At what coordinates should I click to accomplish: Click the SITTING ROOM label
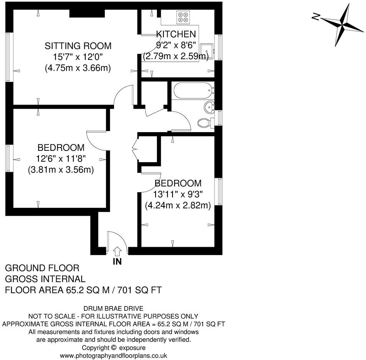78,46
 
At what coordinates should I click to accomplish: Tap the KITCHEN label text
176,34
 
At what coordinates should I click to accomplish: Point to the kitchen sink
206,51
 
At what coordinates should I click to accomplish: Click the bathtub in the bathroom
193,91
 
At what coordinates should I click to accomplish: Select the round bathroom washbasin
209,106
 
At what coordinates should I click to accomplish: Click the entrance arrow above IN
117,251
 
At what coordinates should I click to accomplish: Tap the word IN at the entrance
117,262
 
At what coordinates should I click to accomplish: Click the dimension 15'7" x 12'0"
78,57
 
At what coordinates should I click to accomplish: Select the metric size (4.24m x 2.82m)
178,206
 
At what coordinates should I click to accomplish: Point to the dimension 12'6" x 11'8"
61,159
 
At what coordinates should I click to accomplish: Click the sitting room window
9,57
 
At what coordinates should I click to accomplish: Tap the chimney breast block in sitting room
86,13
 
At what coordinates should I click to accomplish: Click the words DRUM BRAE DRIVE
113,309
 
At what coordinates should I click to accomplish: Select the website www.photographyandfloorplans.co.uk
113,355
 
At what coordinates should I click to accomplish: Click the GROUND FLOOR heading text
42,268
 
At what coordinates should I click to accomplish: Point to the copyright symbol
114,347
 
